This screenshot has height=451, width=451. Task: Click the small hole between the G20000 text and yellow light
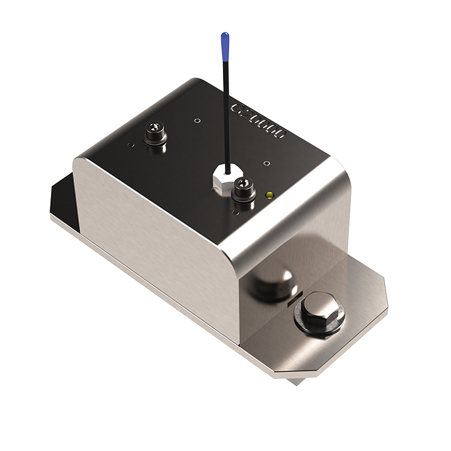[x=267, y=162]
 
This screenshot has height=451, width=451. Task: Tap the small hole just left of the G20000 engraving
[x=198, y=120]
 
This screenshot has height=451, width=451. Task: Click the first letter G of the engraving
[x=237, y=108]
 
